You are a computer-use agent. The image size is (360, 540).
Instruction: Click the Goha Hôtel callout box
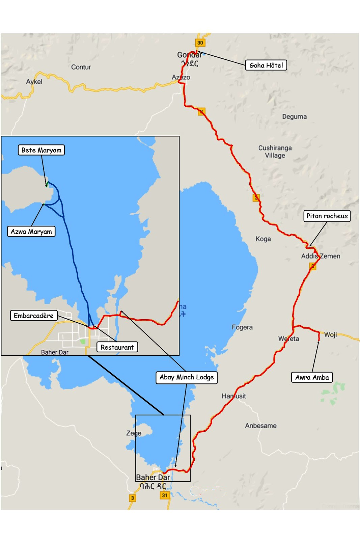click(x=266, y=65)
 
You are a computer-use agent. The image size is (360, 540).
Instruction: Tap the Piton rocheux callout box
click(x=327, y=216)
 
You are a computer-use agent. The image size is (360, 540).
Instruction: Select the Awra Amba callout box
click(x=312, y=377)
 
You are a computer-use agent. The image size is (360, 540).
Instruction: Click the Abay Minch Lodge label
click(x=187, y=377)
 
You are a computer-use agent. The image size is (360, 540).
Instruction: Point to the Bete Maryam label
click(x=41, y=150)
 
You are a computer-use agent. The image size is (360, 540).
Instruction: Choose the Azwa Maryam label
click(x=31, y=232)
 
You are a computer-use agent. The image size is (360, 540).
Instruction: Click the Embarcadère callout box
click(x=33, y=316)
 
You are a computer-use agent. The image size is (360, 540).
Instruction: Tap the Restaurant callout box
click(x=117, y=347)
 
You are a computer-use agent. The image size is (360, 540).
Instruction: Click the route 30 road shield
click(x=200, y=43)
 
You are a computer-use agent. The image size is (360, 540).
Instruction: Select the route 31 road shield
click(x=165, y=495)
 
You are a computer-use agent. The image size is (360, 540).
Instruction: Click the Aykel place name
click(x=34, y=82)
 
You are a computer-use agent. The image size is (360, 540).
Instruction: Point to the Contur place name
click(x=81, y=67)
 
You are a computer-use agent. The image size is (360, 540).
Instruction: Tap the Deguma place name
click(x=295, y=117)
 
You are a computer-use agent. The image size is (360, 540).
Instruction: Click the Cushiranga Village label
click(x=275, y=152)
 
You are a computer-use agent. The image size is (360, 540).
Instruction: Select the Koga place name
click(x=263, y=239)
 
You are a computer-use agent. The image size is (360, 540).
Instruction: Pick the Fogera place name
click(x=242, y=327)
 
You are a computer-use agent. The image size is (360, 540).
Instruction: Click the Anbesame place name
click(x=261, y=426)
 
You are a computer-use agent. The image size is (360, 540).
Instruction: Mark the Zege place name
click(x=134, y=433)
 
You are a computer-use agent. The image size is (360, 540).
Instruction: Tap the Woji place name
click(x=331, y=335)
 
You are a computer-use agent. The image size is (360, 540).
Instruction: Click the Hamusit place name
click(x=233, y=396)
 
